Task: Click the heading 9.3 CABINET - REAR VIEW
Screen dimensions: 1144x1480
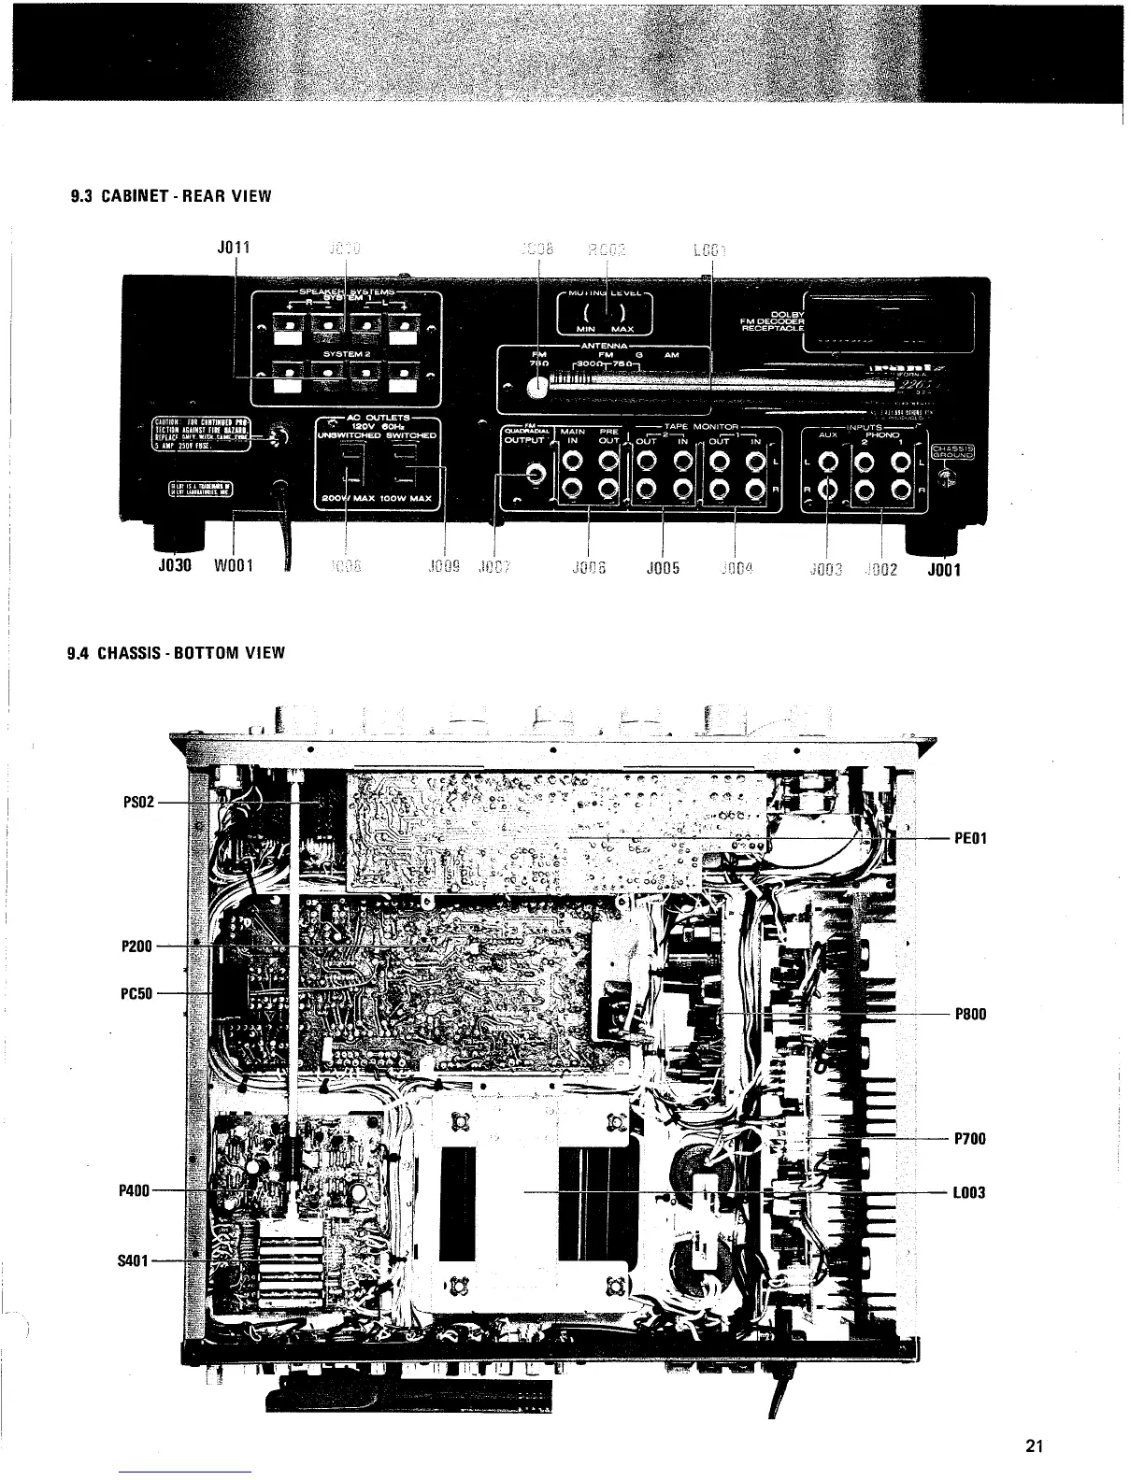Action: pyautogui.click(x=171, y=196)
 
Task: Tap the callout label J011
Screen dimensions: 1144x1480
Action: pyautogui.click(x=233, y=248)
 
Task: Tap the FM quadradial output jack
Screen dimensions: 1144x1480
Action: pyautogui.click(x=536, y=476)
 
